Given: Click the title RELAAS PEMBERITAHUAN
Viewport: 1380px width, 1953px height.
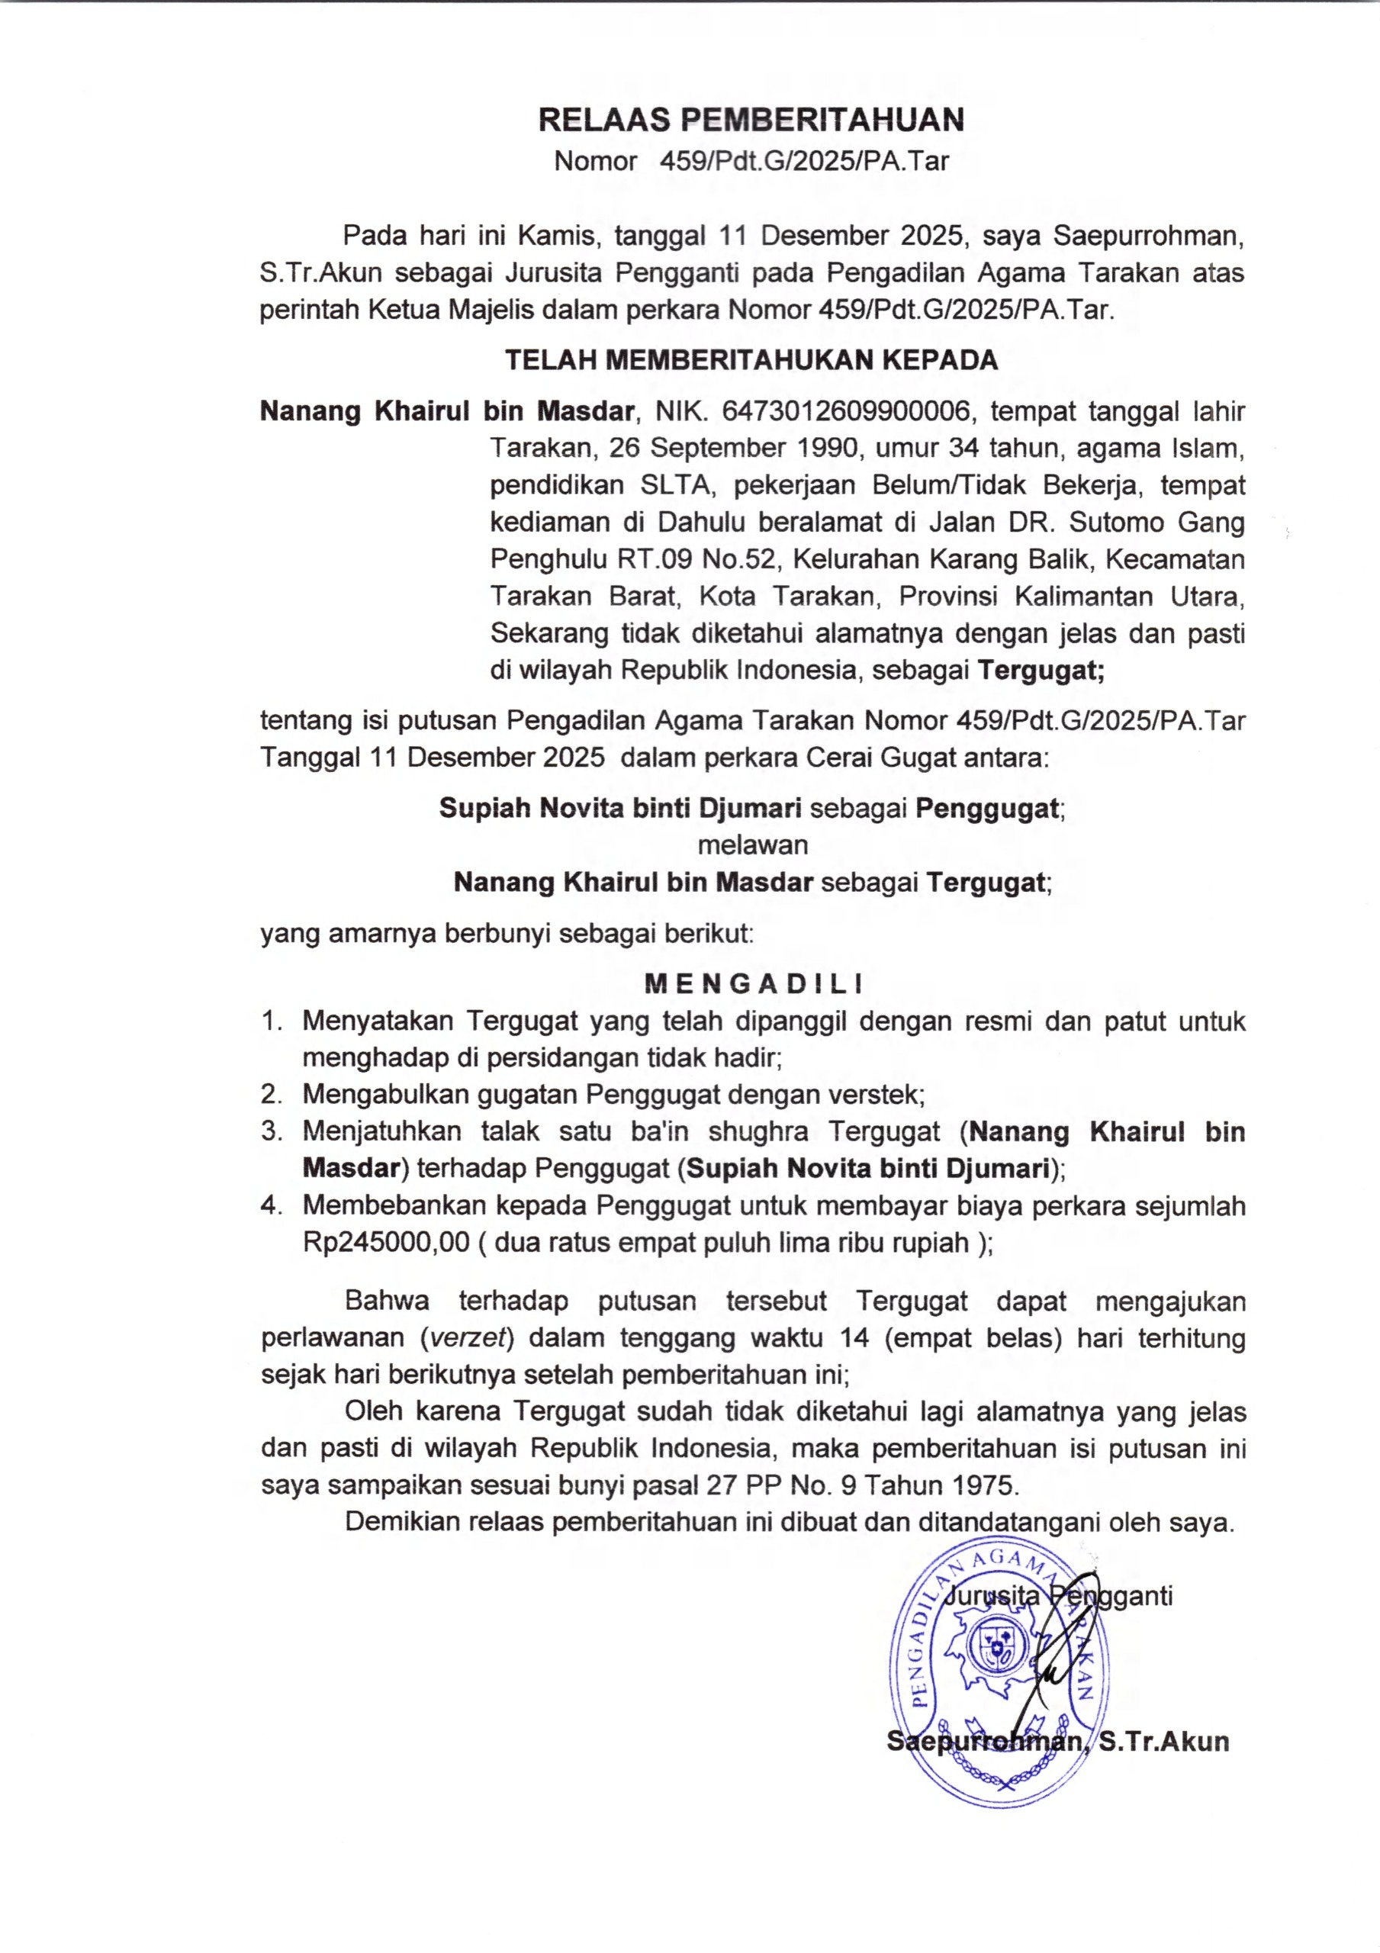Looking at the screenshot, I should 751,120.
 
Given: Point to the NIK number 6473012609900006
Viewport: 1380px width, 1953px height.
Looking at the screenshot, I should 846,412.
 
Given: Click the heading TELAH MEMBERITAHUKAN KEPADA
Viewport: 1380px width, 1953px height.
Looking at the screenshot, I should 751,361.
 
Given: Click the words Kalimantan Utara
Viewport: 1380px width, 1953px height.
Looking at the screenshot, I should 1130,597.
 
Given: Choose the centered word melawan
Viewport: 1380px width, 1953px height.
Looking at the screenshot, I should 752,845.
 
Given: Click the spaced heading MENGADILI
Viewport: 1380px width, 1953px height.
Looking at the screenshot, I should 753,984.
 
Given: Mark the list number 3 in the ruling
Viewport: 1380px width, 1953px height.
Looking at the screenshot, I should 271,1131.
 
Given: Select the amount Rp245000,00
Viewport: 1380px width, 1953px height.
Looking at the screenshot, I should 385,1243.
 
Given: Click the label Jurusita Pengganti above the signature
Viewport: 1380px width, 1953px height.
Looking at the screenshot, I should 1060,1595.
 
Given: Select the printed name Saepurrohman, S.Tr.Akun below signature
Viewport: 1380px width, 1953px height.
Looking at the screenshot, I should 1057,1740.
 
